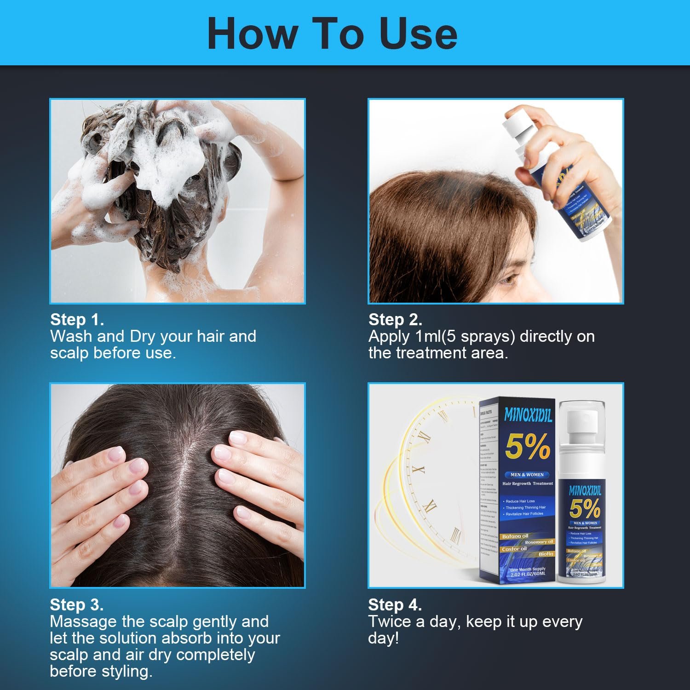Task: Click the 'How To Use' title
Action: tap(332, 33)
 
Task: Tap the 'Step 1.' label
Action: tap(77, 320)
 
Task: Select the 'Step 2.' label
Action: tap(395, 320)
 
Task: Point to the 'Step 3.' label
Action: tap(76, 604)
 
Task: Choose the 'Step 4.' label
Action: tap(395, 604)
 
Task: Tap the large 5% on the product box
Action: tap(528, 446)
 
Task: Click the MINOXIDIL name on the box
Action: tap(528, 415)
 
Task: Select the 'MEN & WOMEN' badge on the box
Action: tap(527, 474)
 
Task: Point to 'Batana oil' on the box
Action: tap(515, 536)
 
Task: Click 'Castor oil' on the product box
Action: tap(514, 549)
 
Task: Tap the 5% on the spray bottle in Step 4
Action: tap(584, 508)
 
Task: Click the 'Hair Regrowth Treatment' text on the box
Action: tap(528, 483)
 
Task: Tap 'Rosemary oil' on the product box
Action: tap(539, 542)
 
